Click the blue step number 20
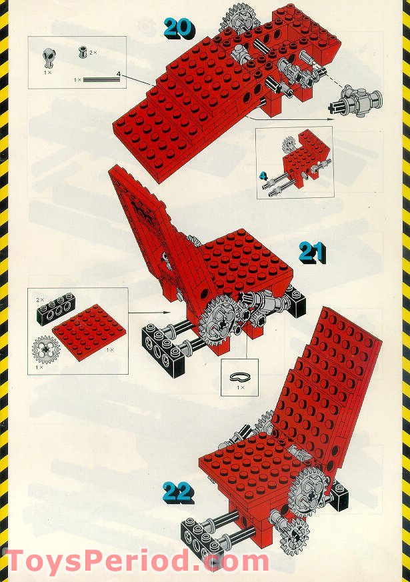[x=179, y=27]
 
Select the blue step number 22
[x=177, y=493]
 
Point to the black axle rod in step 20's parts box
[x=101, y=80]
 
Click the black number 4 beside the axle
[x=118, y=73]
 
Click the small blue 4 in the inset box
[x=263, y=176]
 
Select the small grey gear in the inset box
[x=289, y=143]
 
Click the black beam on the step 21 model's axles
[x=158, y=342]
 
